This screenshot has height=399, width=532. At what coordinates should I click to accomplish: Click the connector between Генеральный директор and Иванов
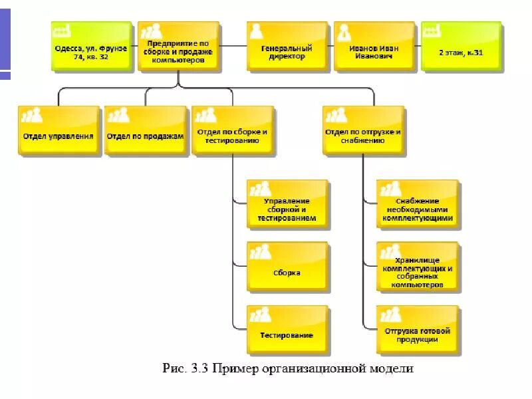331,47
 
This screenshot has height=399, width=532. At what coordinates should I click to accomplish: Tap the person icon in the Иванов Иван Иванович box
344,32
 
